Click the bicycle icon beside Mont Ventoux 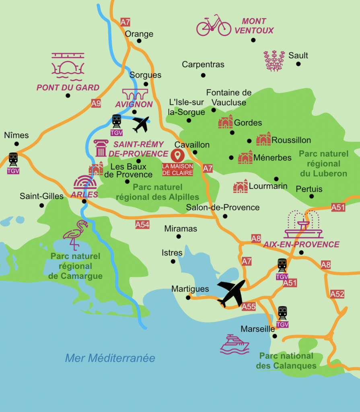pos(214,25)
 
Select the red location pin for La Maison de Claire pos(177,155)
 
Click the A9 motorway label pos(96,103)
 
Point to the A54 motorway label pos(142,225)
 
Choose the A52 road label pos(337,294)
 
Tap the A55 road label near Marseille pos(249,307)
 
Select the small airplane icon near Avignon pos(141,124)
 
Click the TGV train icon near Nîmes pos(13,160)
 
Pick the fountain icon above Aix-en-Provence pos(303,225)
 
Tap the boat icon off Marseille pos(235,344)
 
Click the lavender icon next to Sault pos(274,61)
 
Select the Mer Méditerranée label pos(110,358)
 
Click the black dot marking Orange pos(139,41)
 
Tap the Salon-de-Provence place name pos(223,208)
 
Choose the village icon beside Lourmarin pos(241,186)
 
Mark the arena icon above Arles pos(85,182)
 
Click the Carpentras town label pos(203,64)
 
